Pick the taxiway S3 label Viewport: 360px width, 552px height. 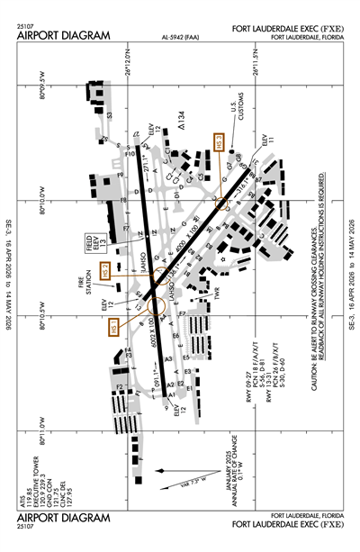[x=111, y=114]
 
